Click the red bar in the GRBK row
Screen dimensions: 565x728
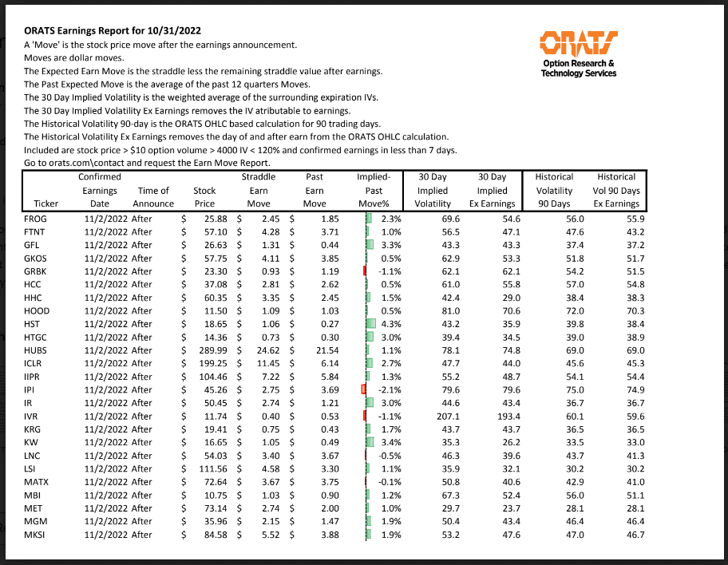(x=364, y=271)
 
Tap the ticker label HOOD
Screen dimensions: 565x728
(x=38, y=310)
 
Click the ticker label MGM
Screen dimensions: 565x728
(x=36, y=521)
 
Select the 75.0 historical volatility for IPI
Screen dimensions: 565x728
(x=565, y=389)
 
